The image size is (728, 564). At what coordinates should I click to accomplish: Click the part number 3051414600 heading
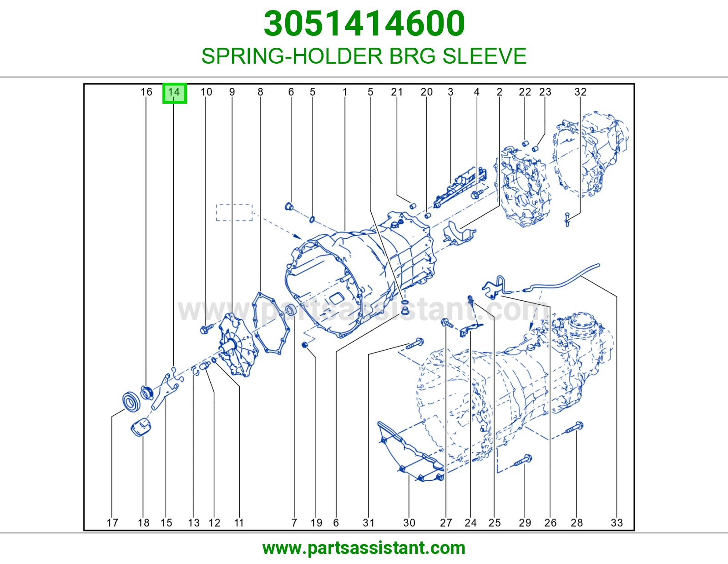(x=364, y=24)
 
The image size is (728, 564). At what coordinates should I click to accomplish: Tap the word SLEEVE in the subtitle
(x=484, y=56)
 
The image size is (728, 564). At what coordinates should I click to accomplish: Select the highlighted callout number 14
(x=174, y=92)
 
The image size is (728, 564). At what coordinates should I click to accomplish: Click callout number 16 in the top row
(x=146, y=92)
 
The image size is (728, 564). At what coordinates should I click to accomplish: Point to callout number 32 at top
(x=580, y=92)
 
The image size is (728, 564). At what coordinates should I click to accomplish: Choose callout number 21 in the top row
(x=397, y=92)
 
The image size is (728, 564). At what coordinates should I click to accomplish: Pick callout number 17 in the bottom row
(x=112, y=523)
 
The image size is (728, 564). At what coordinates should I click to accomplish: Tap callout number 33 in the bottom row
(x=617, y=523)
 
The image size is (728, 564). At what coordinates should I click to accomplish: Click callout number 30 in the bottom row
(x=409, y=523)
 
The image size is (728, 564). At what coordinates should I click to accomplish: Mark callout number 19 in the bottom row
(x=316, y=523)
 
